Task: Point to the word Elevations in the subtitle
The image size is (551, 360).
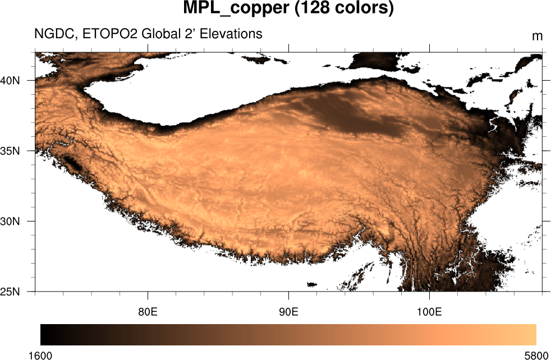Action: coord(232,34)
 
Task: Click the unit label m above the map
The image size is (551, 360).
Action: coord(537,36)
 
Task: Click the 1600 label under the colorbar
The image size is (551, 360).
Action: coord(40,355)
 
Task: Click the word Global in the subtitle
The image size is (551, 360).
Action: coord(160,34)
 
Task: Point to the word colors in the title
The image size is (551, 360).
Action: coord(359,9)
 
